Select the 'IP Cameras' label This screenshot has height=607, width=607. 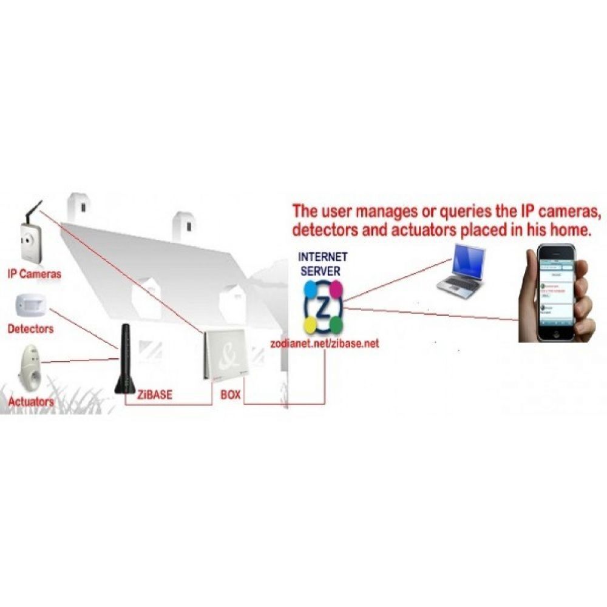pyautogui.click(x=35, y=274)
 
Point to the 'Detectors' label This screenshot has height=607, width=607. pyautogui.click(x=30, y=329)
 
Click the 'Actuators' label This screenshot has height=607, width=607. pyautogui.click(x=31, y=401)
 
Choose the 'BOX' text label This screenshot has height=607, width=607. pyautogui.click(x=231, y=395)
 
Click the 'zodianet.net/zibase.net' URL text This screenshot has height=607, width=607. pyautogui.click(x=324, y=343)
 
